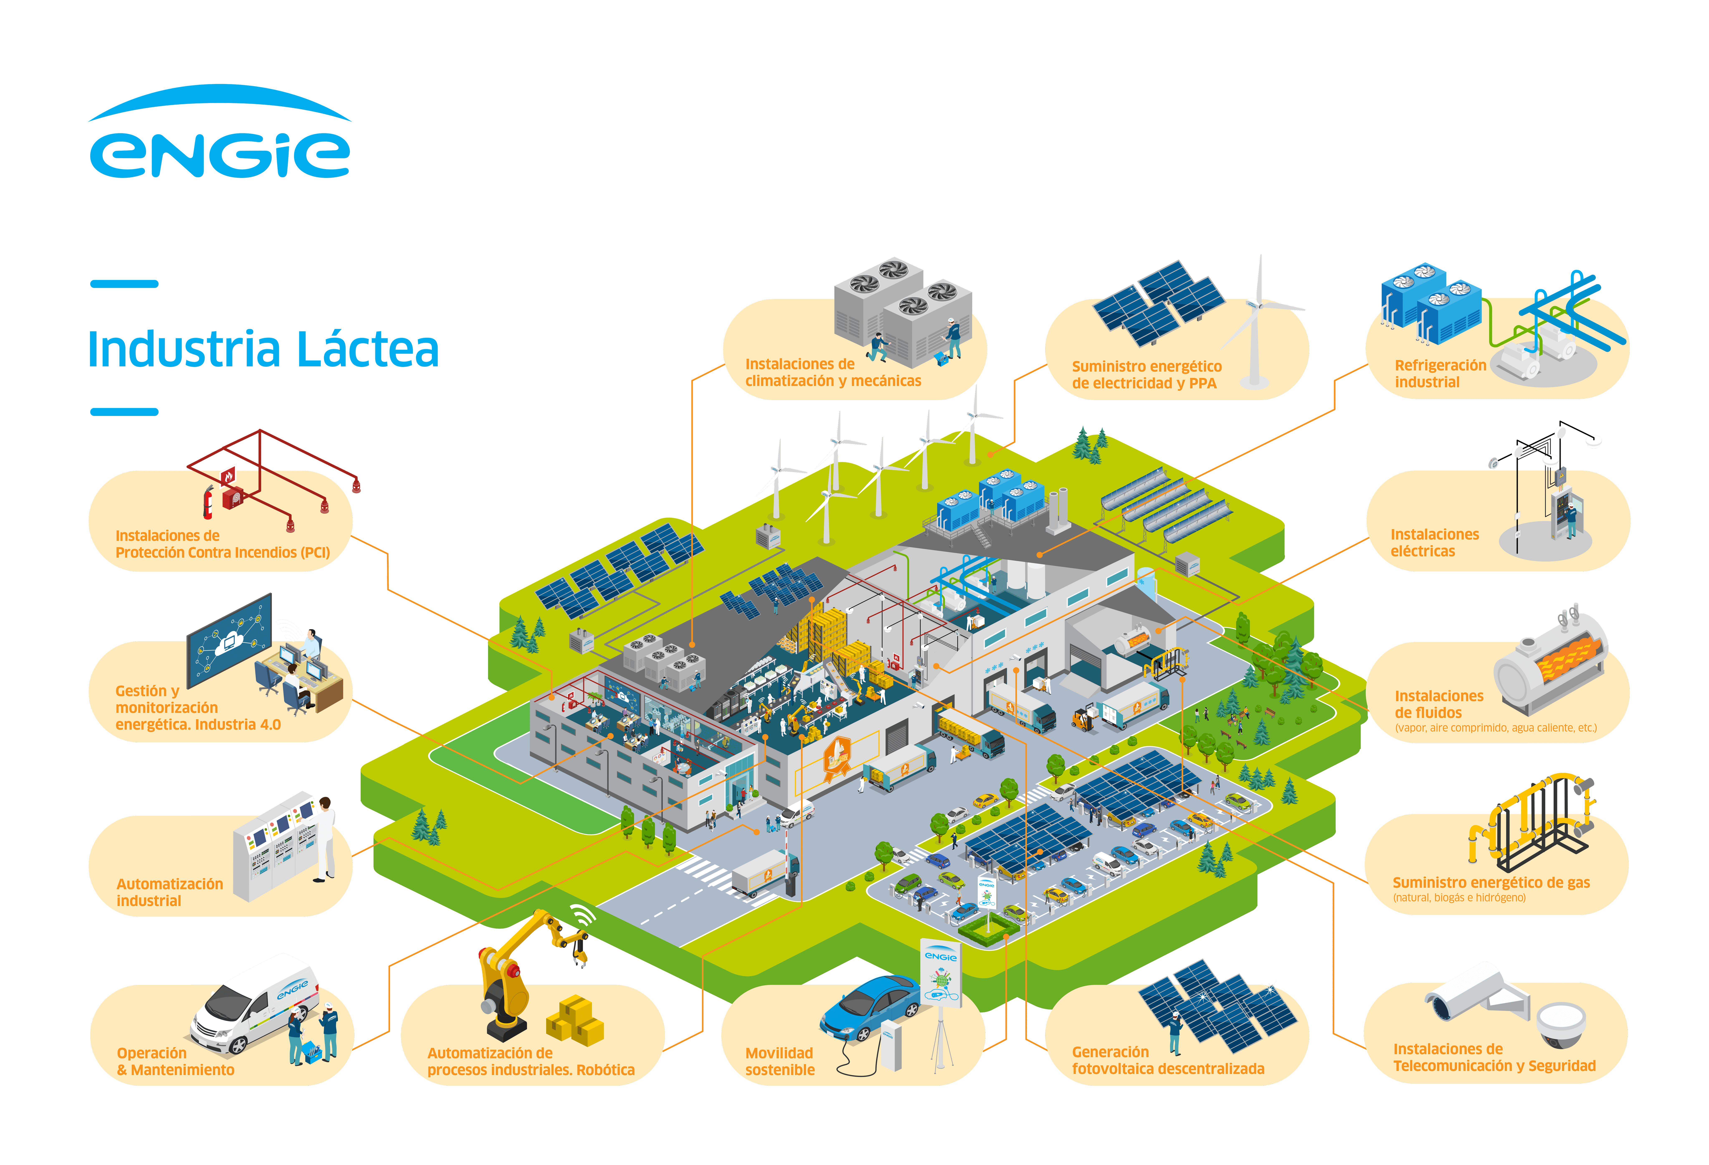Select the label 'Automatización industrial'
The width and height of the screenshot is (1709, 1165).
(170, 891)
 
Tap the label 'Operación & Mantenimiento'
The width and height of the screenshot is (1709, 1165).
(175, 1061)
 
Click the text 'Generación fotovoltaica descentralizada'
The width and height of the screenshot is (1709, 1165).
(1168, 1060)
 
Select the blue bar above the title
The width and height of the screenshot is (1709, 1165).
(124, 284)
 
